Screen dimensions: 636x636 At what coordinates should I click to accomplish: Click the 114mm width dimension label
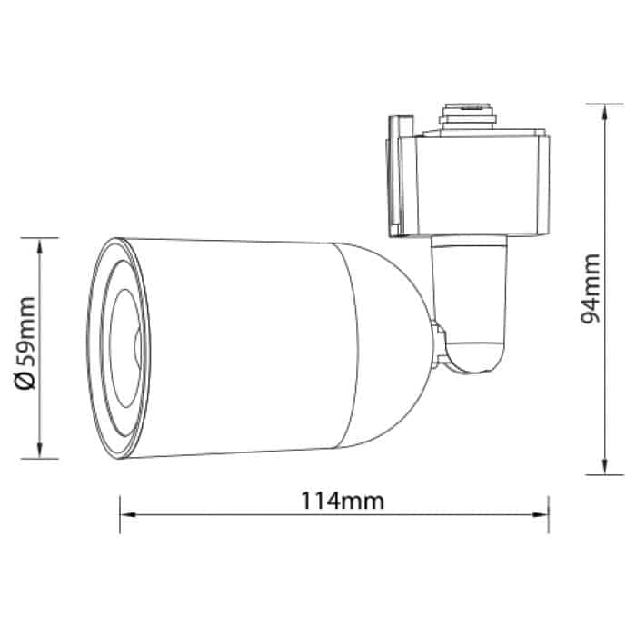pyautogui.click(x=343, y=501)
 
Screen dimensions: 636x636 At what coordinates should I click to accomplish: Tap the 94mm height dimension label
pyautogui.click(x=591, y=289)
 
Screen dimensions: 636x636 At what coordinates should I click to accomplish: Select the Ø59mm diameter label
pyautogui.click(x=25, y=343)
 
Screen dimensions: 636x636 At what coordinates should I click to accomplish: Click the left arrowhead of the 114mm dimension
pyautogui.click(x=128, y=515)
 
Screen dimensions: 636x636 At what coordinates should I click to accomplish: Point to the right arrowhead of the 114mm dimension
pyautogui.click(x=541, y=515)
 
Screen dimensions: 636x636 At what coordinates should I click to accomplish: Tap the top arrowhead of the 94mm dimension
pyautogui.click(x=605, y=112)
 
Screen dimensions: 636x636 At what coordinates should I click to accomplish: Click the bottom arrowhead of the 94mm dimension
pyautogui.click(x=605, y=466)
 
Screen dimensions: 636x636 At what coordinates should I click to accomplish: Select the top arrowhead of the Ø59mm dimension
pyautogui.click(x=40, y=246)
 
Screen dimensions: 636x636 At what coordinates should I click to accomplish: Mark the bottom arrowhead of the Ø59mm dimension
pyautogui.click(x=40, y=451)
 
